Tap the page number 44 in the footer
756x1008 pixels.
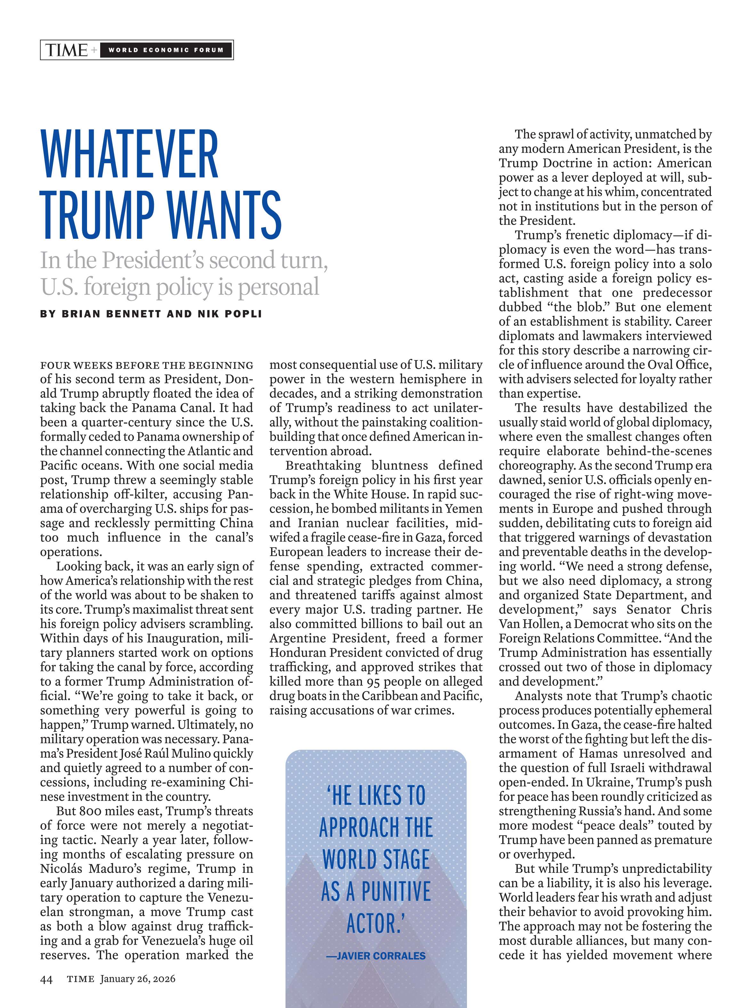46,979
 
